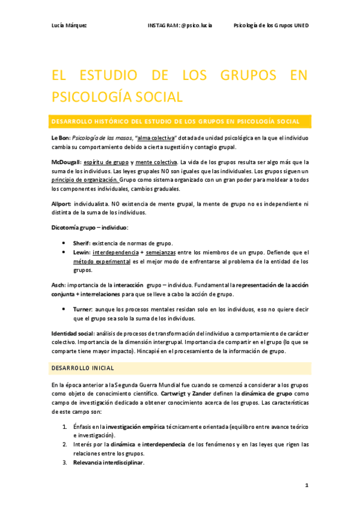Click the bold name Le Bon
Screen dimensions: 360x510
(x=61, y=138)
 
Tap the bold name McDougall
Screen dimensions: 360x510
(x=66, y=162)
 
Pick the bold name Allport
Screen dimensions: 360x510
(x=61, y=204)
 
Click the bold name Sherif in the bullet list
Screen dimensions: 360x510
(x=81, y=242)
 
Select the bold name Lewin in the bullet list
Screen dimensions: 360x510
(x=81, y=252)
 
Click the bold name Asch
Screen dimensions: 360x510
(x=58, y=285)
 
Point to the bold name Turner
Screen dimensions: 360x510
(x=83, y=309)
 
